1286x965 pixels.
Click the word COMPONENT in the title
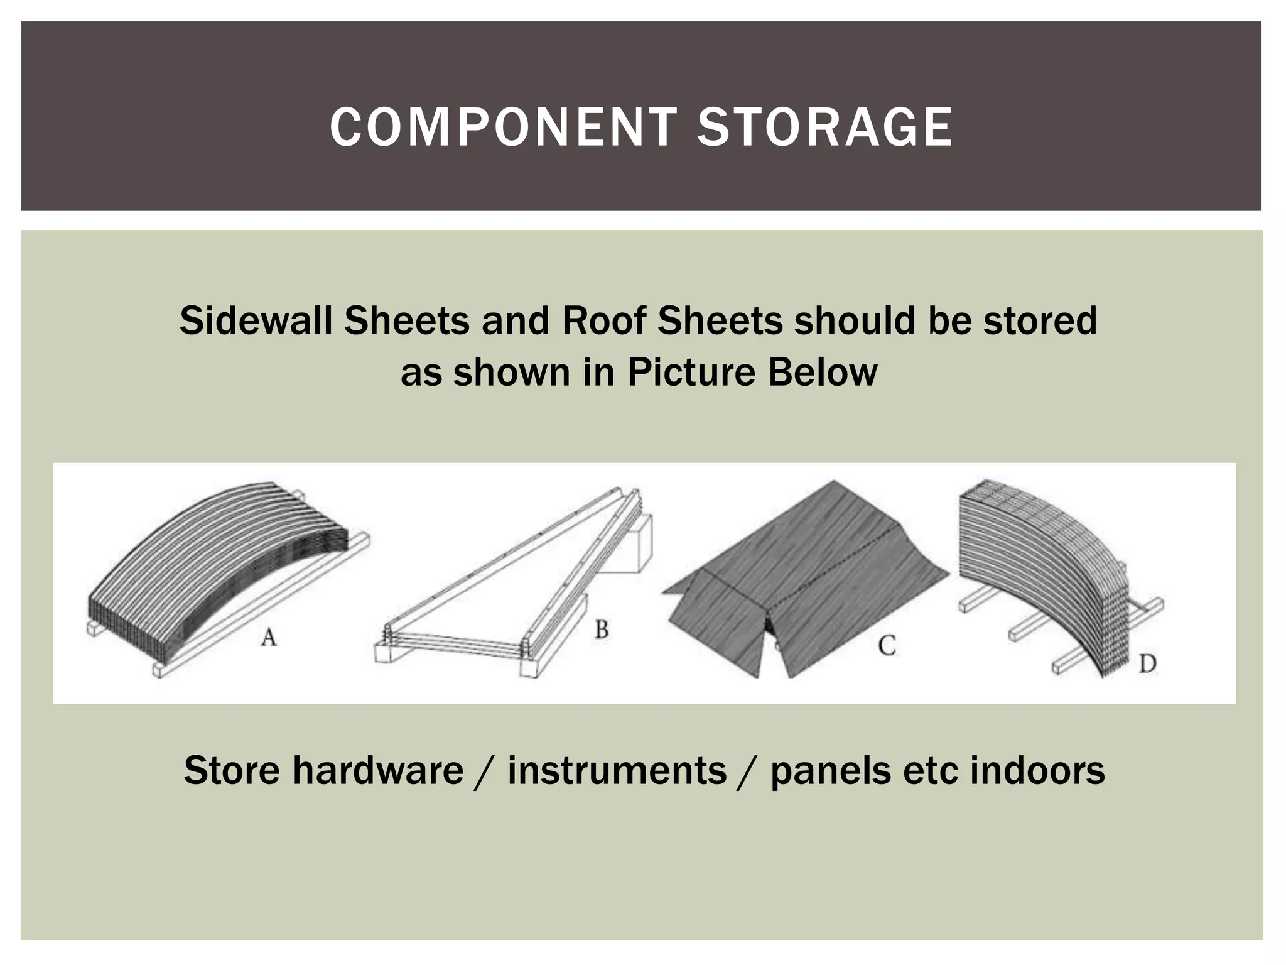[503, 127]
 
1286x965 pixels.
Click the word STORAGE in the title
[824, 127]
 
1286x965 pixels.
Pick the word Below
[823, 372]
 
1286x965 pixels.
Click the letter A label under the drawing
[269, 638]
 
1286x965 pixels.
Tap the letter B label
[602, 629]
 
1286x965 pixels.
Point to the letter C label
[887, 645]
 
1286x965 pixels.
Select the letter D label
[1147, 663]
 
